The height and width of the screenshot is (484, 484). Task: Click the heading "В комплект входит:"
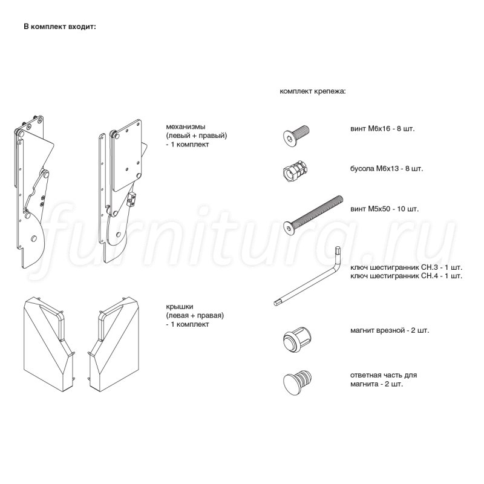point(60,27)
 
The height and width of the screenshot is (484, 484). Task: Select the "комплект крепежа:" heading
point(313,91)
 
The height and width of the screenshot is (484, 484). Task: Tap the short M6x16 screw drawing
point(296,136)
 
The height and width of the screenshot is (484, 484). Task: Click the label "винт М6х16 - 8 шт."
point(382,129)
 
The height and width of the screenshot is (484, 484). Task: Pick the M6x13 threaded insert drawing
point(296,171)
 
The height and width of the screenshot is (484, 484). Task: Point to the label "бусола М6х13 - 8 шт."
point(387,169)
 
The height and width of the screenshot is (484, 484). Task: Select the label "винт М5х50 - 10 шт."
point(384,209)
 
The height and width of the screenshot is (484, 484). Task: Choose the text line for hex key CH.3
point(406,267)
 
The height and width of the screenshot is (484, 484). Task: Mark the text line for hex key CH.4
point(406,276)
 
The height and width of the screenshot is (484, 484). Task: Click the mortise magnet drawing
point(296,340)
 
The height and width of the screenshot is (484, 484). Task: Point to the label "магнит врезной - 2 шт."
point(390,330)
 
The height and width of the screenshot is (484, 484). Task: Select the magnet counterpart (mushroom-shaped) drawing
point(297,382)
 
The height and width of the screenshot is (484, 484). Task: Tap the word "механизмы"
point(186,126)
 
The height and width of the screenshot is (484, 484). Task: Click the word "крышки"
point(179,307)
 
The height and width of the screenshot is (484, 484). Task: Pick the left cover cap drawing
point(49,344)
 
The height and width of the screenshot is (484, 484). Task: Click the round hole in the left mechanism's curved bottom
point(33,238)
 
